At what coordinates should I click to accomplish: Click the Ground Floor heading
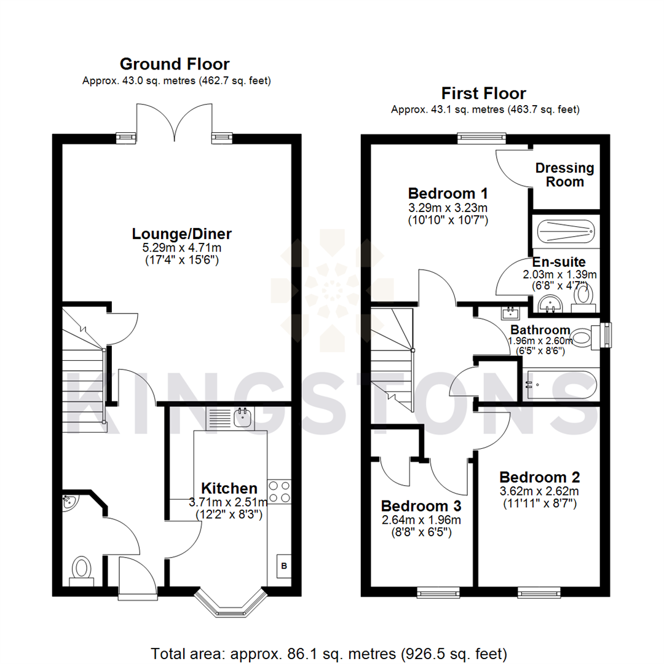coord(175,64)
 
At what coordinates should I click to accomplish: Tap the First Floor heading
coord(484,93)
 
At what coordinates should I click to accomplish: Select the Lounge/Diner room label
coord(181,234)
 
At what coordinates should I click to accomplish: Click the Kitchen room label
coord(229,488)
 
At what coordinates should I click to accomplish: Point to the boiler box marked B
coord(284,566)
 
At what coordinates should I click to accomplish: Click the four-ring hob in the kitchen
coord(280,491)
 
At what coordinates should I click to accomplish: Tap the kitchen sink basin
coord(243,417)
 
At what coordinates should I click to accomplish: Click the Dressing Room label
coord(564,175)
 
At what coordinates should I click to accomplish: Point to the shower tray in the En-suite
coord(566,232)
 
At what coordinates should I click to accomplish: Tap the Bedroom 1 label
coord(448,193)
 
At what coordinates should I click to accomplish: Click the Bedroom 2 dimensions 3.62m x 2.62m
coord(539,491)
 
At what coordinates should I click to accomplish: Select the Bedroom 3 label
coord(421,505)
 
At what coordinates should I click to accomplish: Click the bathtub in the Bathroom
coord(560,385)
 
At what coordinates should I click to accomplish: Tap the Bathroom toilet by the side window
coord(583,338)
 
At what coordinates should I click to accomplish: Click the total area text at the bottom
coord(328,654)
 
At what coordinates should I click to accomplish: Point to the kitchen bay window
coord(231,603)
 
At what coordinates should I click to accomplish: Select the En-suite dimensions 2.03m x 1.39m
coord(559,274)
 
